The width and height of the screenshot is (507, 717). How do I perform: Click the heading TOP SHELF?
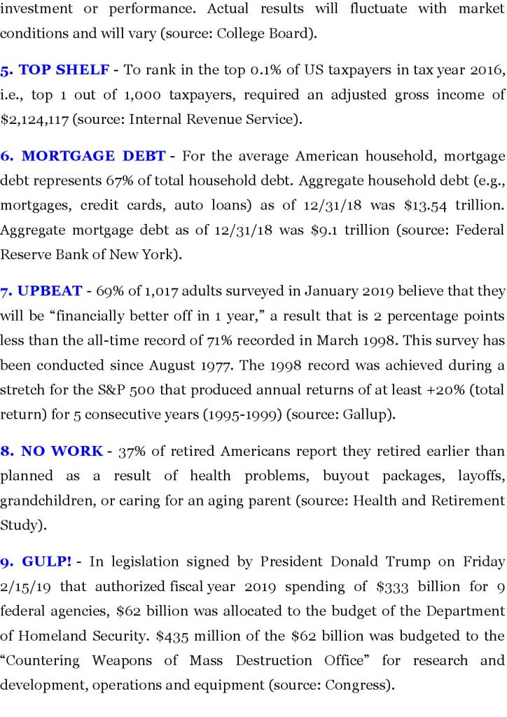click(x=64, y=70)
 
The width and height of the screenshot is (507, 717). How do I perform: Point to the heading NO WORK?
click(x=62, y=451)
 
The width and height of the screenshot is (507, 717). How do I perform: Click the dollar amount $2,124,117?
click(x=34, y=119)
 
